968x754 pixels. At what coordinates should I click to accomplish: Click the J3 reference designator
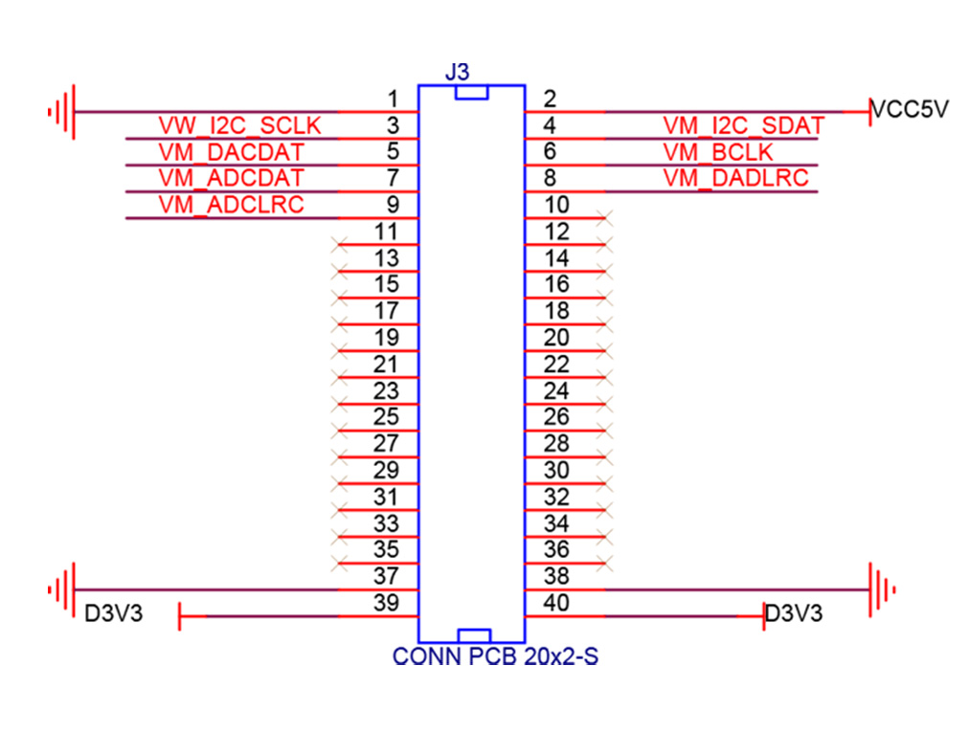(x=458, y=72)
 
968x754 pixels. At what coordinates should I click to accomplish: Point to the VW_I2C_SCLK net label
(x=239, y=125)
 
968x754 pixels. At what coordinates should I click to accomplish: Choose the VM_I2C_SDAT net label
(x=743, y=125)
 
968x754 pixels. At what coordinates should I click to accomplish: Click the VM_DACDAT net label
(x=231, y=151)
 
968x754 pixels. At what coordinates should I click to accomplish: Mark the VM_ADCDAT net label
(x=231, y=178)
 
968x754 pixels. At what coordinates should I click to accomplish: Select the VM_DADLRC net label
(x=735, y=178)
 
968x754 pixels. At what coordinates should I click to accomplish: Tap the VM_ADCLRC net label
(x=231, y=204)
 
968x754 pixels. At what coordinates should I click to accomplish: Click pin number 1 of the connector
(x=393, y=99)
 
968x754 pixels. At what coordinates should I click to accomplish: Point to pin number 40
(x=556, y=603)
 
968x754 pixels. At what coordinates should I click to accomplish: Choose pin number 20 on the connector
(x=556, y=338)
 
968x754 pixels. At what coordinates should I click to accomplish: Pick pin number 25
(x=387, y=417)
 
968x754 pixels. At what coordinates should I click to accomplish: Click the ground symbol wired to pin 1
(x=62, y=112)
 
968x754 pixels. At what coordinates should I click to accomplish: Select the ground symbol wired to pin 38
(x=882, y=589)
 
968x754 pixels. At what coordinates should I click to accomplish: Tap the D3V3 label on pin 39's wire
(x=114, y=613)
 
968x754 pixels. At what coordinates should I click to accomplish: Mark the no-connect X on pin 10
(x=602, y=219)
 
